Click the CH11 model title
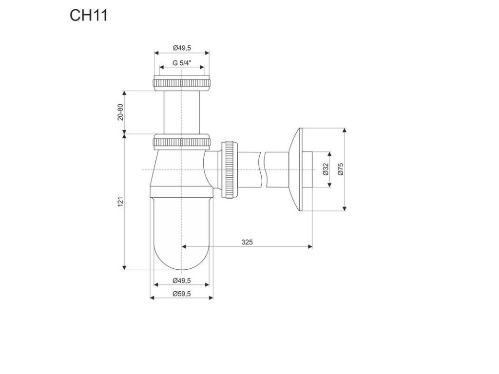[88, 16]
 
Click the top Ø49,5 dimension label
[181, 48]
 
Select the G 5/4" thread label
[181, 63]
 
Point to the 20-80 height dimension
[121, 112]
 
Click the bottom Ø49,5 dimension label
[181, 280]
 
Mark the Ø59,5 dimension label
[181, 293]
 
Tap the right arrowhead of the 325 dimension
[310, 247]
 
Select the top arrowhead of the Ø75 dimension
[345, 131]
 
